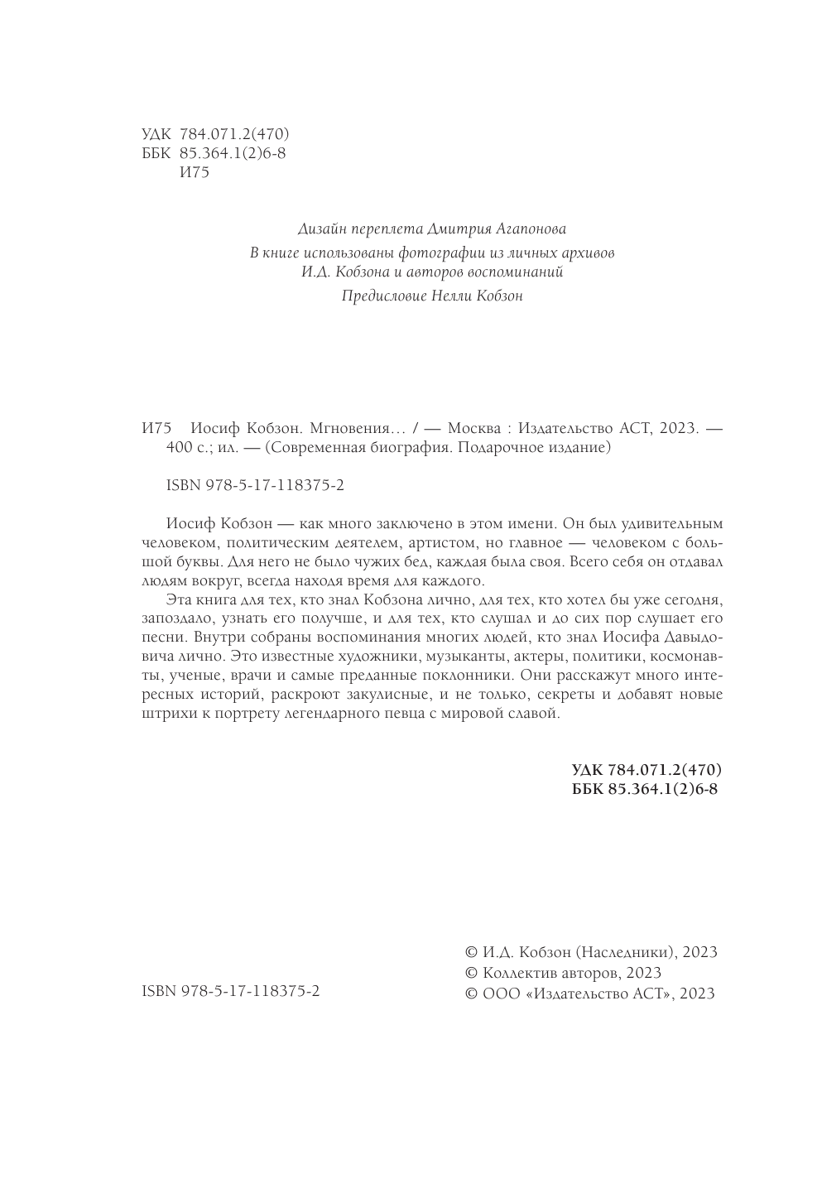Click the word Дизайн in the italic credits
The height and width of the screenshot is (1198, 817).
point(319,228)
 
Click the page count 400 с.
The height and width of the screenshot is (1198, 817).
point(185,448)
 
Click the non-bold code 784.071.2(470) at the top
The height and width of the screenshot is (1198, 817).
point(233,133)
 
